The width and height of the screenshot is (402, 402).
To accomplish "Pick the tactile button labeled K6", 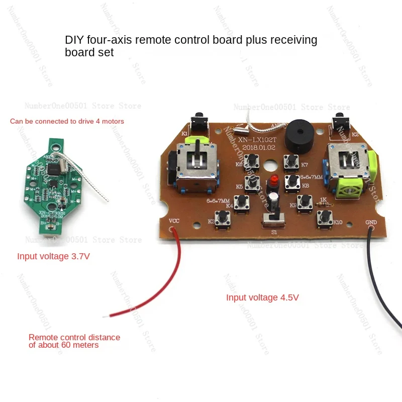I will [251, 163].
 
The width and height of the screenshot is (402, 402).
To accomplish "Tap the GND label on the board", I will [371, 222].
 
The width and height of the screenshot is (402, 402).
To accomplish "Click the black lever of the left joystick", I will [197, 152].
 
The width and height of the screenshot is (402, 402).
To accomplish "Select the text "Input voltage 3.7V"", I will [54, 257].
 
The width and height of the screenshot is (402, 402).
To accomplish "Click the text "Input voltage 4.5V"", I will [262, 297].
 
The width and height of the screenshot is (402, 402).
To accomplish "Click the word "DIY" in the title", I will [75, 40].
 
